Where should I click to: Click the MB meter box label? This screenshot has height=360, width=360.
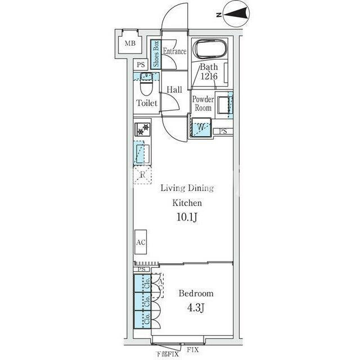[130, 43]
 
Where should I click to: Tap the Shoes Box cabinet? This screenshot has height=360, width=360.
[156, 54]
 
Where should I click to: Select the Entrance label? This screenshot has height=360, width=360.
[174, 51]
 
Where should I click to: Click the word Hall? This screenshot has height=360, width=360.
[174, 89]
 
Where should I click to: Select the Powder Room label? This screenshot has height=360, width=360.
[203, 103]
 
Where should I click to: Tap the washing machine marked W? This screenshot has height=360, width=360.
[201, 127]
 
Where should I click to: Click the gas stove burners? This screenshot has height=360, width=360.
[142, 129]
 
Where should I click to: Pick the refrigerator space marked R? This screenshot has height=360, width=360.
[142, 175]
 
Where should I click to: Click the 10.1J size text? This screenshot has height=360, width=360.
[187, 217]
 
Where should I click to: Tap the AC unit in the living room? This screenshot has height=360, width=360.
[141, 242]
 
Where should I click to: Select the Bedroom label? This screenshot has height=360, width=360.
[196, 294]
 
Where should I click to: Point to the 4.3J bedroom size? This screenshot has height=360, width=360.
[196, 308]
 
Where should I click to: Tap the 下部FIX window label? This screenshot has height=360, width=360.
[167, 354]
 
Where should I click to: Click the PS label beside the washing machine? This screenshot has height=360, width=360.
[223, 131]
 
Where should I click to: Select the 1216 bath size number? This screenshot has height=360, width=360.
[209, 76]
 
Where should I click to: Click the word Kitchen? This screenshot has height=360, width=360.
[187, 203]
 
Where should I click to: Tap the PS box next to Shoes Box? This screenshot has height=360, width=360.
[141, 65]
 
